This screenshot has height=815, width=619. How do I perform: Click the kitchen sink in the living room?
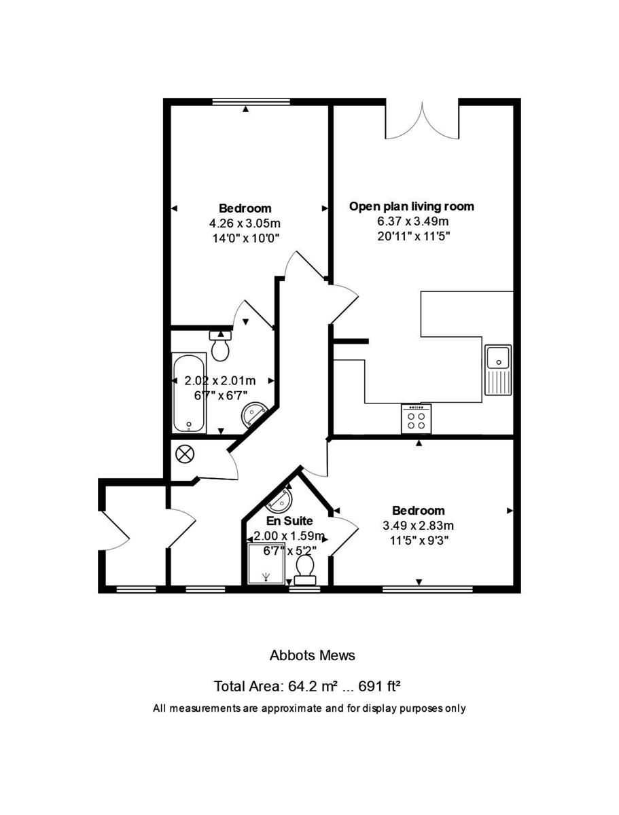[498, 370]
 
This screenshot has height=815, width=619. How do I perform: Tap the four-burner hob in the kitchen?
[417, 419]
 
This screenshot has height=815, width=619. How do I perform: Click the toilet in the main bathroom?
[220, 346]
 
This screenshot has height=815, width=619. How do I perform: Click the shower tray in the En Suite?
[266, 563]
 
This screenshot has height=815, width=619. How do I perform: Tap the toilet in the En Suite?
[304, 568]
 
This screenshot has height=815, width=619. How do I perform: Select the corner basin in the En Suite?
[281, 500]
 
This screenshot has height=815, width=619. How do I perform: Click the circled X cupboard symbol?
[184, 454]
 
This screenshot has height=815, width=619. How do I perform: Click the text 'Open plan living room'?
[412, 206]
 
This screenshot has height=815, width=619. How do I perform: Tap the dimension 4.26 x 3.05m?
[245, 223]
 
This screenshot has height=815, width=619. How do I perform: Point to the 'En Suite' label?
[289, 521]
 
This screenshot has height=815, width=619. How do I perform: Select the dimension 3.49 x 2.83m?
[419, 525]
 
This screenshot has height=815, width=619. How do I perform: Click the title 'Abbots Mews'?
[312, 655]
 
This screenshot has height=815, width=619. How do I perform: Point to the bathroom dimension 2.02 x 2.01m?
[220, 381]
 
